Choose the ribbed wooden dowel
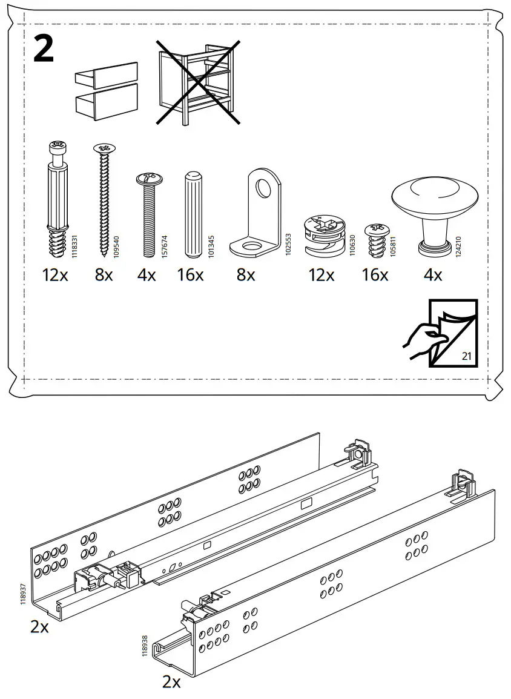pyautogui.click(x=193, y=216)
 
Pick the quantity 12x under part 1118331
pyautogui.click(x=56, y=275)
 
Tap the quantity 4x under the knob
pyautogui.click(x=432, y=275)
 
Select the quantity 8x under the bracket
pyautogui.click(x=246, y=275)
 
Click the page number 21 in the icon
pyautogui.click(x=466, y=356)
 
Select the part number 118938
pyautogui.click(x=144, y=645)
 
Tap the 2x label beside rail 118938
pyautogui.click(x=171, y=682)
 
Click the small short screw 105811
pyautogui.click(x=374, y=240)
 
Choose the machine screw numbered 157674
pyautogui.click(x=148, y=216)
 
